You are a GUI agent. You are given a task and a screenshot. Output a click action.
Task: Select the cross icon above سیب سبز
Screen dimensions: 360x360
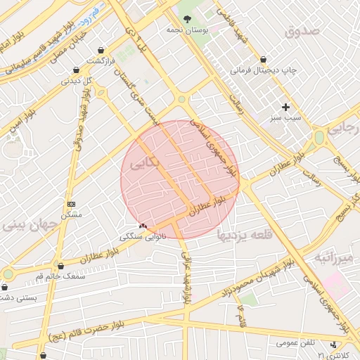(x=285, y=107)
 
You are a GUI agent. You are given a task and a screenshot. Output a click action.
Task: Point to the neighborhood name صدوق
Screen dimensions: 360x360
(x=303, y=31)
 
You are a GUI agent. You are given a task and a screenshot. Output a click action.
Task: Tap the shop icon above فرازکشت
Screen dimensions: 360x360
(x=103, y=51)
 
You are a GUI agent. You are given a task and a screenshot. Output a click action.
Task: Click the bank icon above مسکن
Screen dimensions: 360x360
(x=71, y=203)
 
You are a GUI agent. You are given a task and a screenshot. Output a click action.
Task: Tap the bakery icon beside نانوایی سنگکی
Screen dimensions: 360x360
(x=143, y=226)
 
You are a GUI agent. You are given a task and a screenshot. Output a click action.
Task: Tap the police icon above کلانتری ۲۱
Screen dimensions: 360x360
(x=333, y=345)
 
